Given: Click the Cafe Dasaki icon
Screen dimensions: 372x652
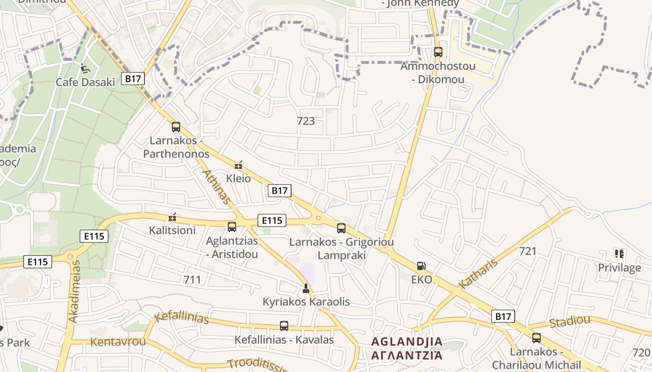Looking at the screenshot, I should [85, 68].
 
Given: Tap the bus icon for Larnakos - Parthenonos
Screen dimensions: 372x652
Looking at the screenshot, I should [176, 126].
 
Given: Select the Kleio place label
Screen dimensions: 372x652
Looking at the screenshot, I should [238, 179].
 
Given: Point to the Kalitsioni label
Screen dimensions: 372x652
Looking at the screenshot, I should [172, 230].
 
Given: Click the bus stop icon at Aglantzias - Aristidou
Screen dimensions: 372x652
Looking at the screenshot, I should [231, 227].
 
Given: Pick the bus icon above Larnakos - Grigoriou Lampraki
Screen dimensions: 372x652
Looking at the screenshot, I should [341, 228].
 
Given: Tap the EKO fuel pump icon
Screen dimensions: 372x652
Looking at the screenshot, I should [421, 266].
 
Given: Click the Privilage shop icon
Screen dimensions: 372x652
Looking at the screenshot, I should [619, 254].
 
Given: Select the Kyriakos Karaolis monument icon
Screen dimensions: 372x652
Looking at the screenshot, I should [306, 288].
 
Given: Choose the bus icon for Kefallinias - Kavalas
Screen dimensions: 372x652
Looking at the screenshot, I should [284, 326].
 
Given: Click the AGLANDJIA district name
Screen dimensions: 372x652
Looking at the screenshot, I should [407, 342].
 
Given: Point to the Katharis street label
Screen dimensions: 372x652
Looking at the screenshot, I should [478, 274].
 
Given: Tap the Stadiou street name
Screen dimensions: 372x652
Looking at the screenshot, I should [570, 321].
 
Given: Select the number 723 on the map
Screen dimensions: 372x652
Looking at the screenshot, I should [306, 121].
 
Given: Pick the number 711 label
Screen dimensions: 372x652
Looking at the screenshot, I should [192, 279].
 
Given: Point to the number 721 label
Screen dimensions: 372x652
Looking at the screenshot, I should [528, 251].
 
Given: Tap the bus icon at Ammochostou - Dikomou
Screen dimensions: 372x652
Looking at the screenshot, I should [438, 52].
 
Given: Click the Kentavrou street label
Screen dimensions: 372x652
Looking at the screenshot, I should [118, 342].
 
